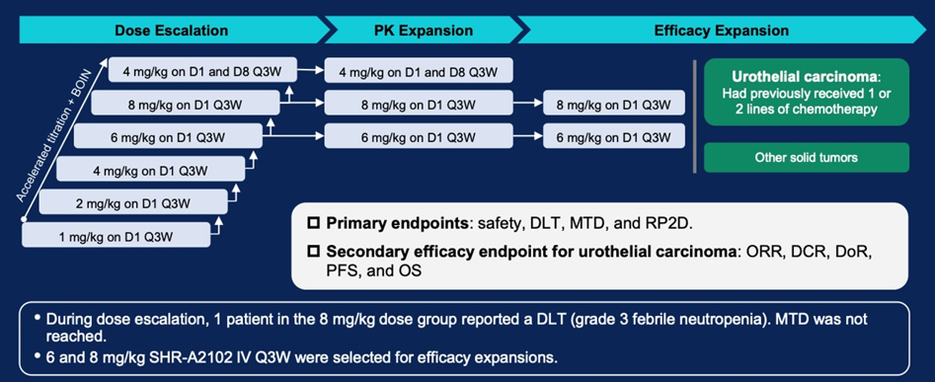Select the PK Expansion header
click(x=421, y=31)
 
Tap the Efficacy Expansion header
click(x=722, y=31)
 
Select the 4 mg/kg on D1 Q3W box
click(x=151, y=169)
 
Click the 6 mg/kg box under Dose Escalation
click(x=168, y=135)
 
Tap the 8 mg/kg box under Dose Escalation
click(x=186, y=103)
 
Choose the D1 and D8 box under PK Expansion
click(x=419, y=70)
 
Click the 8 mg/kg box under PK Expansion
click(x=419, y=103)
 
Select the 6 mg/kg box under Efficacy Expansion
click(x=613, y=136)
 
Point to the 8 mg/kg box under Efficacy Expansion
click(x=613, y=103)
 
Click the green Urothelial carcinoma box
click(x=807, y=92)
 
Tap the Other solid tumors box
click(x=807, y=157)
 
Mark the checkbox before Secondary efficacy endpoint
click(x=313, y=252)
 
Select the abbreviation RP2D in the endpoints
click(x=673, y=224)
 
